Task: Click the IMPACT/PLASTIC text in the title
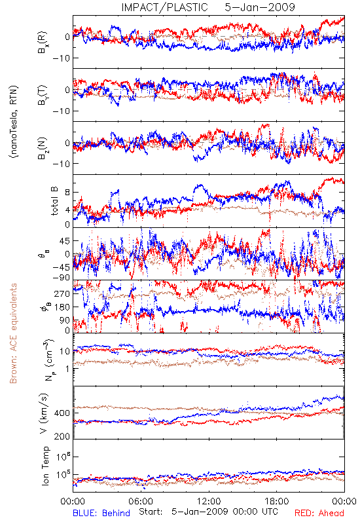pos(165,7)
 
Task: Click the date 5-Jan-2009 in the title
pos(260,7)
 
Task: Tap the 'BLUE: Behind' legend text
pos(101,513)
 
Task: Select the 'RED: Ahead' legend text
pos(319,513)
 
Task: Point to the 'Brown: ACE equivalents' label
pos(13,333)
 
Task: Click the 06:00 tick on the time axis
pos(141,501)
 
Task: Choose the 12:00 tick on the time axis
pos(209,501)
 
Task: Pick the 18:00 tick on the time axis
pos(277,501)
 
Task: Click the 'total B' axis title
pos(54,200)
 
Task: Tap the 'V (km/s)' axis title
pos(45,413)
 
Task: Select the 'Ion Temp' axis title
pos(45,466)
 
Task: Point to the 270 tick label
pos(62,293)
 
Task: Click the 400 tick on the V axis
pos(62,413)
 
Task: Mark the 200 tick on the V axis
pos(62,436)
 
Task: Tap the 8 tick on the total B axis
pos(67,193)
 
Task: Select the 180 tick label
pos(62,307)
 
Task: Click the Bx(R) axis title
pos(43,43)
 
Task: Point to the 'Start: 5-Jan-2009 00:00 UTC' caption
pos(208,512)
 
